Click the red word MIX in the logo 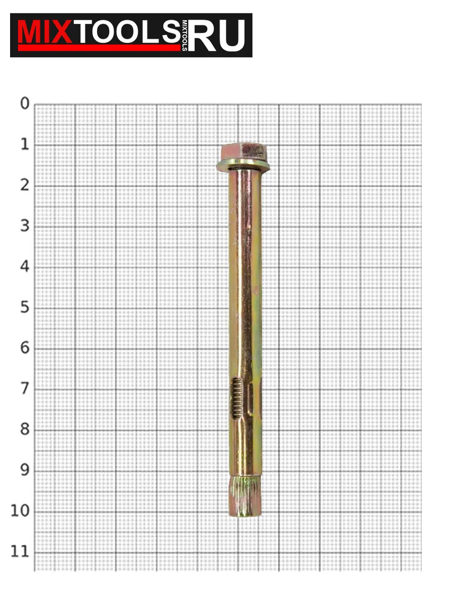[45, 32]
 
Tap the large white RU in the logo [217, 35]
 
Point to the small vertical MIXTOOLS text [185, 36]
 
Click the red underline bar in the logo [100, 48]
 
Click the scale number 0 [25, 104]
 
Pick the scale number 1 [25, 145]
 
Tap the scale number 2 [25, 185]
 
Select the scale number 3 [25, 226]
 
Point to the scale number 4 [25, 267]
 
